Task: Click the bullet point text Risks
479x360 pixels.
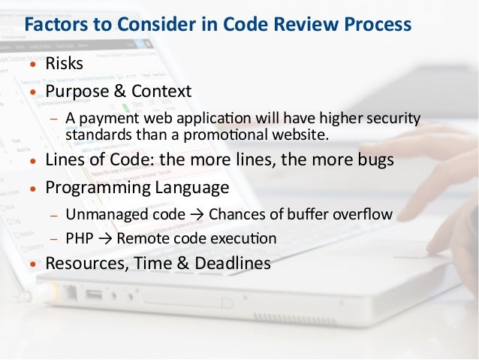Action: [65, 64]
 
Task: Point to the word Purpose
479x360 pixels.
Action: [79, 91]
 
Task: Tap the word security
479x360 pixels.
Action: [394, 119]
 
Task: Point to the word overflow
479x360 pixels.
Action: [363, 215]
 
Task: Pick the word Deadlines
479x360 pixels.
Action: [233, 265]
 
